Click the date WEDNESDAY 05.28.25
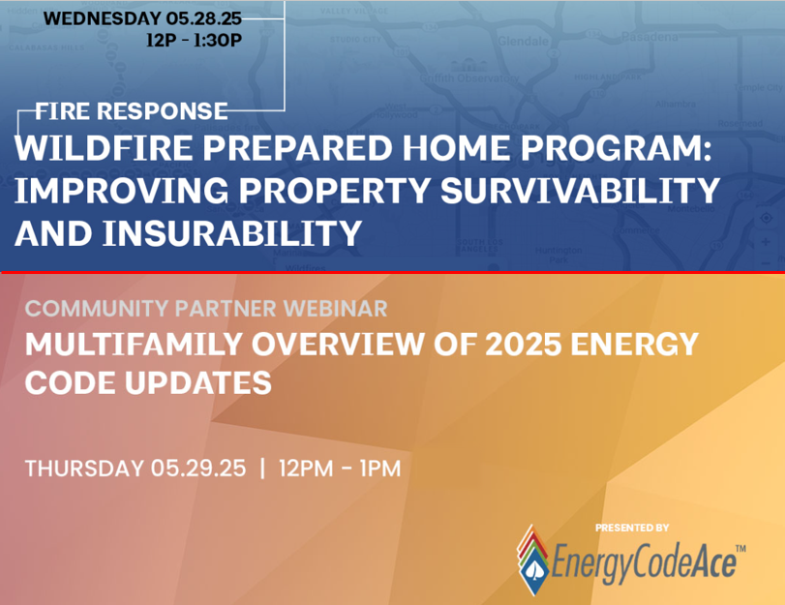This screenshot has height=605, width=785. (x=143, y=18)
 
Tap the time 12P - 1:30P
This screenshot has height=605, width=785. (x=194, y=41)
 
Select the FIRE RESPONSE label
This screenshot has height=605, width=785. (x=132, y=110)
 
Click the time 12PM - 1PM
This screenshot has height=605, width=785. (x=339, y=469)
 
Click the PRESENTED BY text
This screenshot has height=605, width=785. (x=632, y=528)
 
